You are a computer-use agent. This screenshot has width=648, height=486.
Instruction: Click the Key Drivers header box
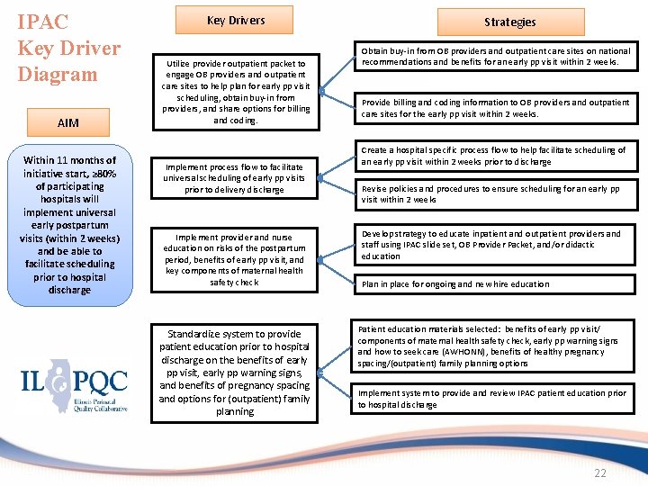tap(236, 20)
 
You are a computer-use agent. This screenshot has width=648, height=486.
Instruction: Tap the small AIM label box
tap(67, 121)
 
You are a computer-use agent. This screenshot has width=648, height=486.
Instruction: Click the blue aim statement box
tap(70, 225)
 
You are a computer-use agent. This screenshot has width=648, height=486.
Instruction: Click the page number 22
tap(600, 473)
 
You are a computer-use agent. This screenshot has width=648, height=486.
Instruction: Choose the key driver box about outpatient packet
tap(235, 92)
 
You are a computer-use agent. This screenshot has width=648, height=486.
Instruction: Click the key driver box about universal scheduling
tap(235, 178)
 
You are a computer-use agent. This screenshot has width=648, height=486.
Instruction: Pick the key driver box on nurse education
tap(235, 259)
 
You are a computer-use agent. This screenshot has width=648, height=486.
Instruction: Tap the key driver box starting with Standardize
tap(235, 372)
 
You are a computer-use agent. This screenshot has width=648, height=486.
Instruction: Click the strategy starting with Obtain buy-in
tap(495, 57)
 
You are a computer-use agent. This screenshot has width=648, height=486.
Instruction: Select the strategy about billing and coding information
tap(495, 108)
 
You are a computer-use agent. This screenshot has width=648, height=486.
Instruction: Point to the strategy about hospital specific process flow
tap(493, 156)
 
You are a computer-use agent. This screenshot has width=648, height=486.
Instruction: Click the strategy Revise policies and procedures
tap(490, 194)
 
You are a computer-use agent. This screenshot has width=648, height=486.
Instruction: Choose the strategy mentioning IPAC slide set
tap(490, 245)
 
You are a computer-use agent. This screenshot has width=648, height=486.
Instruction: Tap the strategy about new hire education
tap(455, 283)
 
